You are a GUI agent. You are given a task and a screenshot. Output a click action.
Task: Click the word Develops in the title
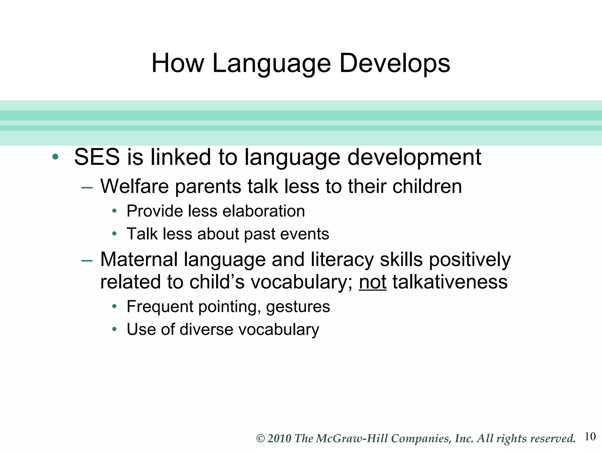tap(394, 63)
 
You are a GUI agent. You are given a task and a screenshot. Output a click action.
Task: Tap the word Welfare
tap(134, 186)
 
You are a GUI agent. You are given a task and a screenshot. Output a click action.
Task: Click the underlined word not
tap(372, 282)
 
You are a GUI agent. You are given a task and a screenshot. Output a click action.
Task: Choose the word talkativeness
tap(450, 282)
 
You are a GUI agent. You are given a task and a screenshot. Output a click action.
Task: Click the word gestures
tap(298, 307)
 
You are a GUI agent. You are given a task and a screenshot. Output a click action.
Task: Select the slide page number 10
tap(590, 436)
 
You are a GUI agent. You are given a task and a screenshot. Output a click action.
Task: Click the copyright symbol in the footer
tap(261, 438)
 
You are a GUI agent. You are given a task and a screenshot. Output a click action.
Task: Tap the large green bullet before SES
tap(55, 157)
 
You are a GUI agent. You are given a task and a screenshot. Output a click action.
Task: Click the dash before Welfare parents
tap(87, 187)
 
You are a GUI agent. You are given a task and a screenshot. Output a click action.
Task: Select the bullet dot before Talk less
tap(114, 234)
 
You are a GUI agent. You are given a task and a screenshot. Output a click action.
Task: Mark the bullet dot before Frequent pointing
tap(114, 307)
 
